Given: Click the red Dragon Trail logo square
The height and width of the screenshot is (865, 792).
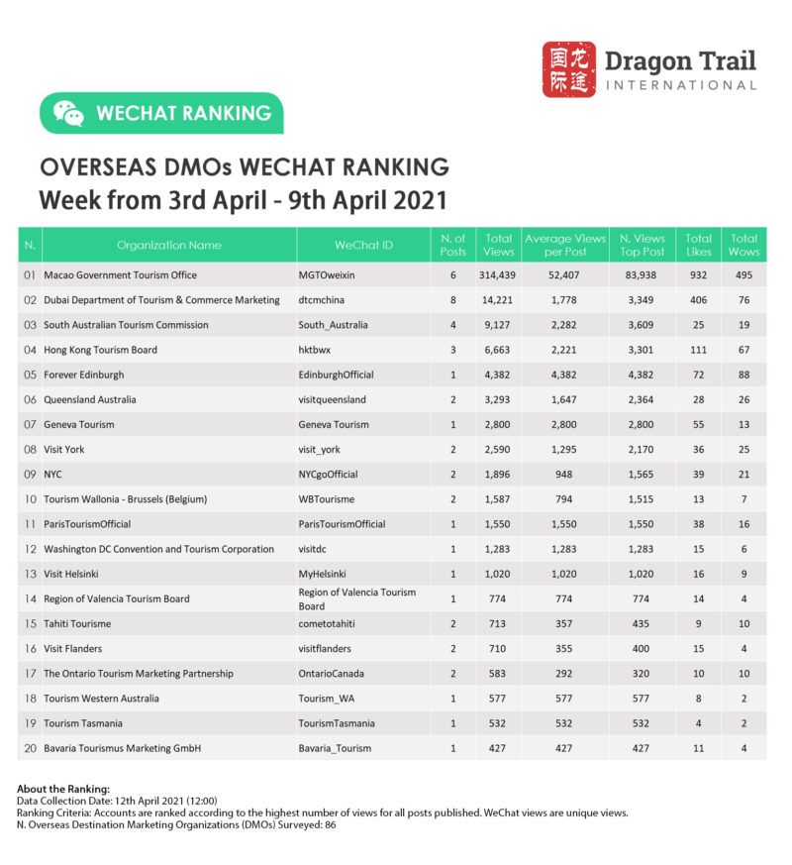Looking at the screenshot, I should pyautogui.click(x=569, y=69).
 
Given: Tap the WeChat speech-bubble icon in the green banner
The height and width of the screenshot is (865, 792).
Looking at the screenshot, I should pyautogui.click(x=68, y=113).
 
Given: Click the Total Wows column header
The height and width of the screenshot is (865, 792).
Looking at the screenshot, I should pyautogui.click(x=743, y=245).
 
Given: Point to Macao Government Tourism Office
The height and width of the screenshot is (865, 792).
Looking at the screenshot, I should pyautogui.click(x=120, y=275).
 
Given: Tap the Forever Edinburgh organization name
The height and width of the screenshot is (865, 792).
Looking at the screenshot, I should pyautogui.click(x=84, y=375).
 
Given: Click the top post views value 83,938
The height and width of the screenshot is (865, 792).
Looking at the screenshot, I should pyautogui.click(x=642, y=275).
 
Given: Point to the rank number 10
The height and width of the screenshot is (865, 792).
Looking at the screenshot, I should pyautogui.click(x=30, y=499).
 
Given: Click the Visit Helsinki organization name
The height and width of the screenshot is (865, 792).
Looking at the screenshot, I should pyautogui.click(x=71, y=574).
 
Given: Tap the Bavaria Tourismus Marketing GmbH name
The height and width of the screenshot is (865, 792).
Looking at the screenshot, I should pyautogui.click(x=123, y=748).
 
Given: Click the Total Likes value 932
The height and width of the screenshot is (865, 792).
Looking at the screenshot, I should pyautogui.click(x=699, y=275).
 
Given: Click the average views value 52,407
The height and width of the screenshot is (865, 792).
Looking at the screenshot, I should pyautogui.click(x=563, y=275).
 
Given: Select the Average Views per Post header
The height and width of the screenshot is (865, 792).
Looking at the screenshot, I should pyautogui.click(x=564, y=245).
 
